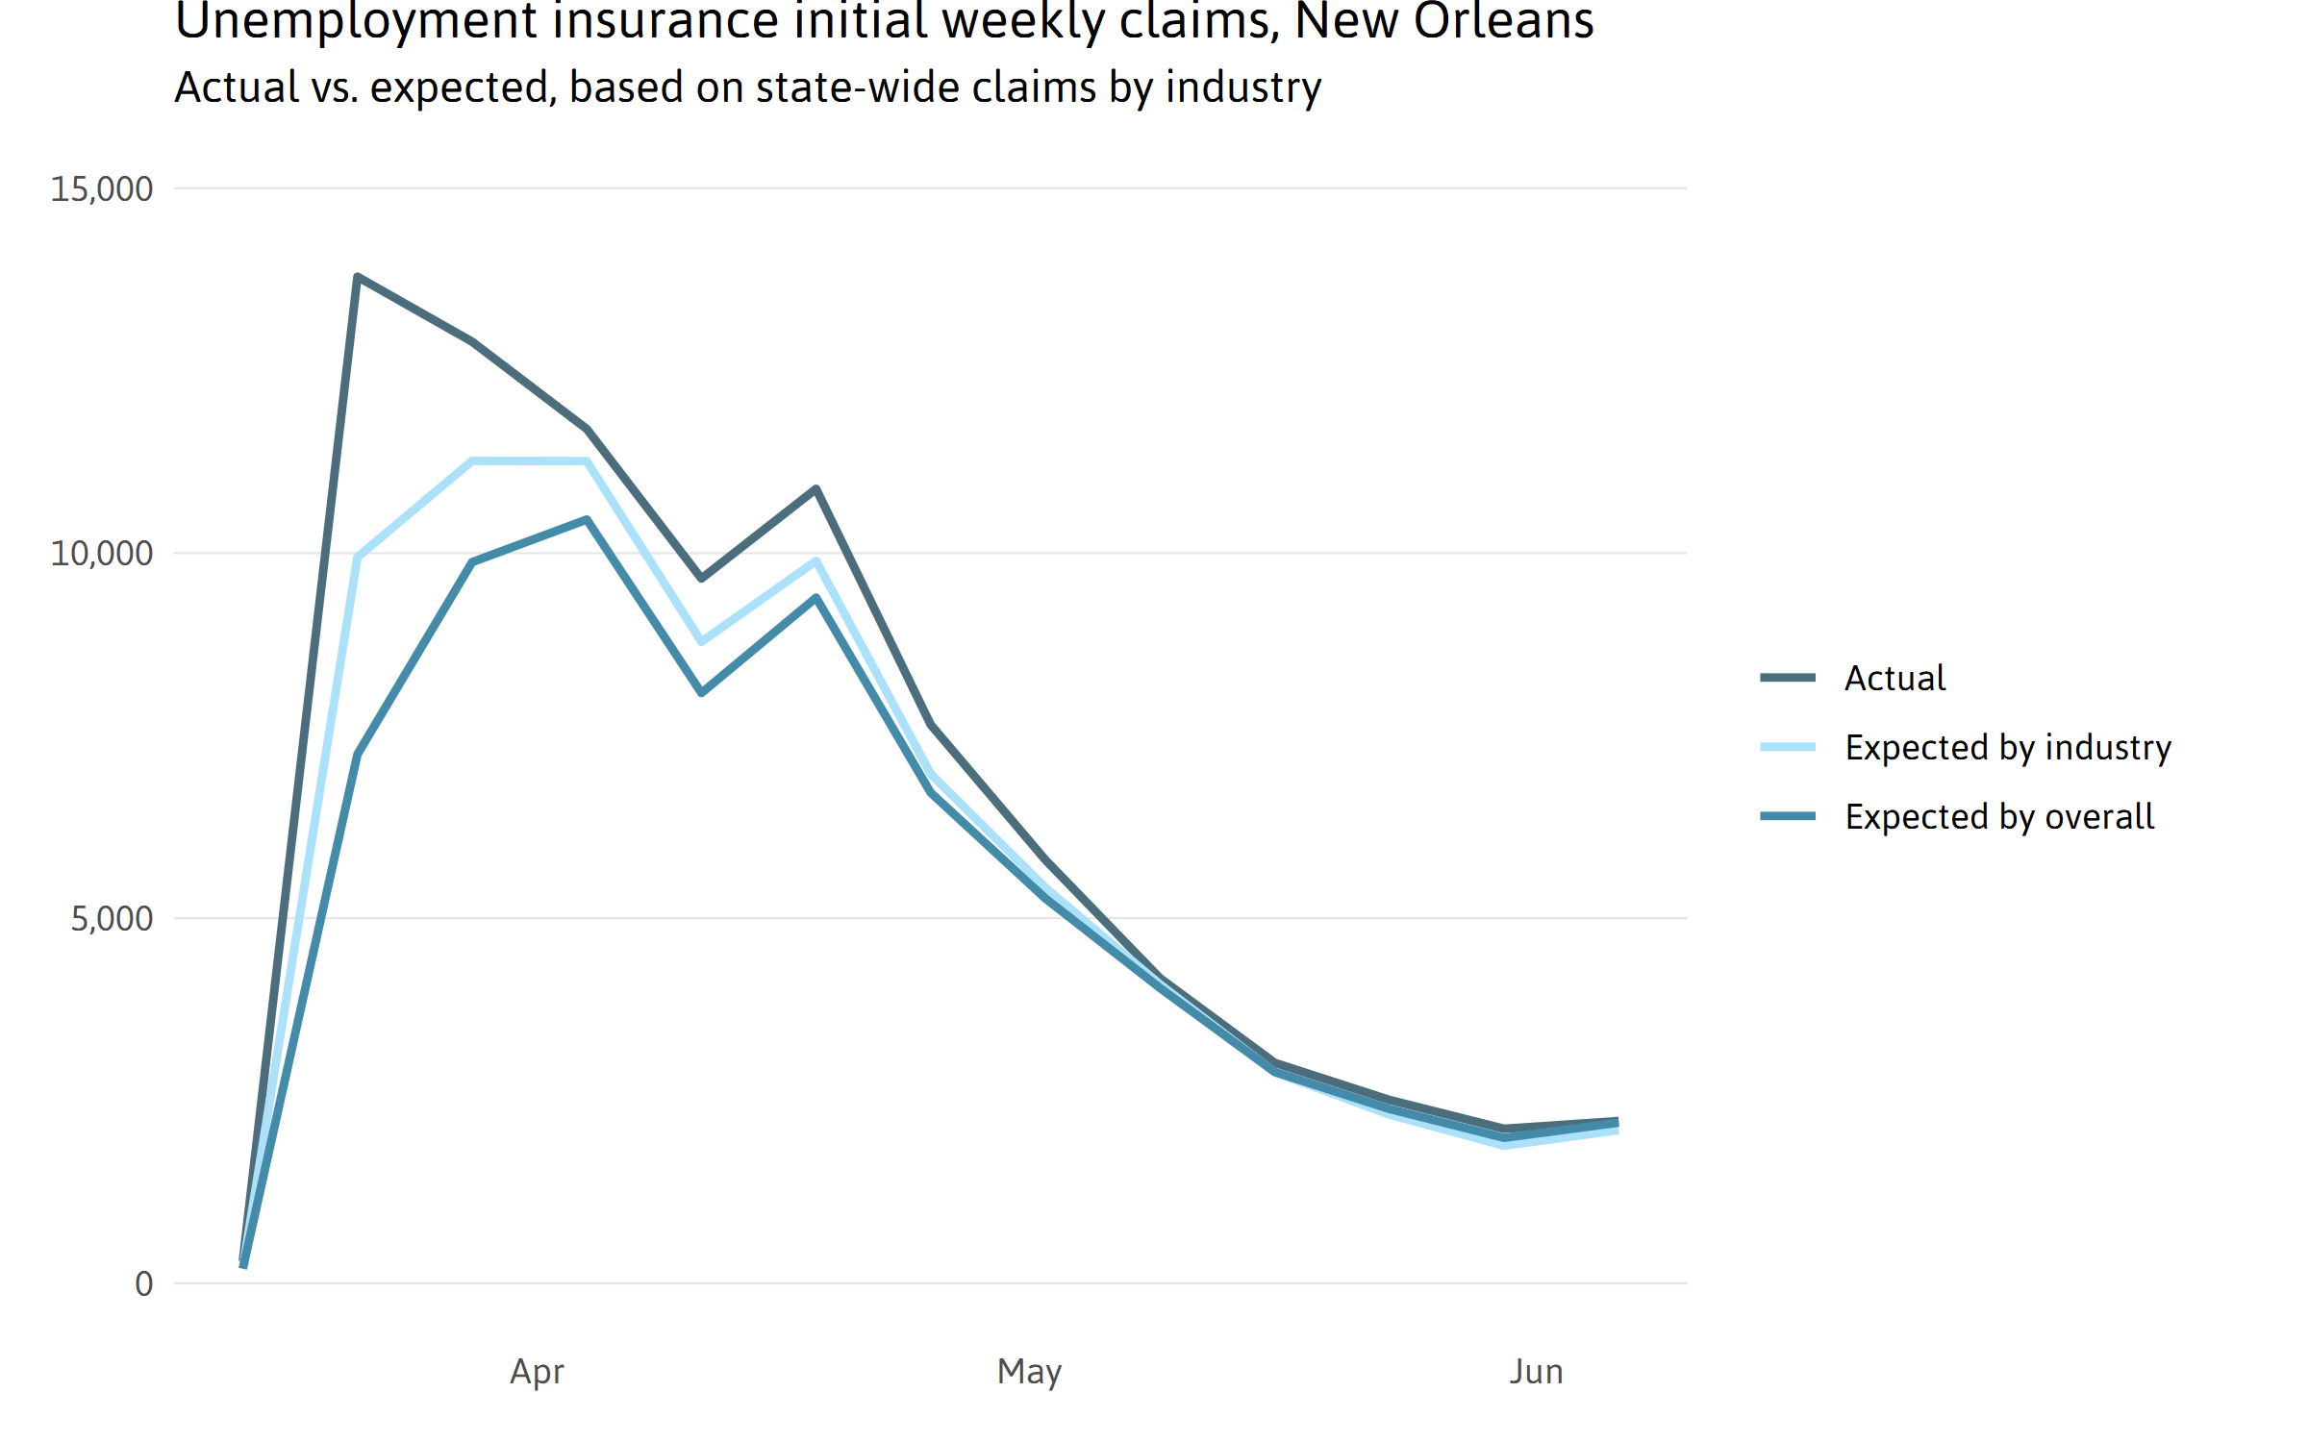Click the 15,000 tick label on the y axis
101,189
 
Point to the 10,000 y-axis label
101,554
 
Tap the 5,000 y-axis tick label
112,919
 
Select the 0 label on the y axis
144,1284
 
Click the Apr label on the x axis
537,1372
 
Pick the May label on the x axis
1029,1372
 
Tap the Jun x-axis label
1536,1372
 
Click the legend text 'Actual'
1894,679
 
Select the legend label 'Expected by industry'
2008,748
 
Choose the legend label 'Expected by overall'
1999,817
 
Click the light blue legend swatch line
1788,747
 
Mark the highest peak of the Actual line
357,277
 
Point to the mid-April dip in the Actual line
702,578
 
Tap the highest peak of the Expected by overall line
587,520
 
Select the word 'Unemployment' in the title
356,21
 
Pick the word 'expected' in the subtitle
459,87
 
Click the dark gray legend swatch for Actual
1788,678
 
